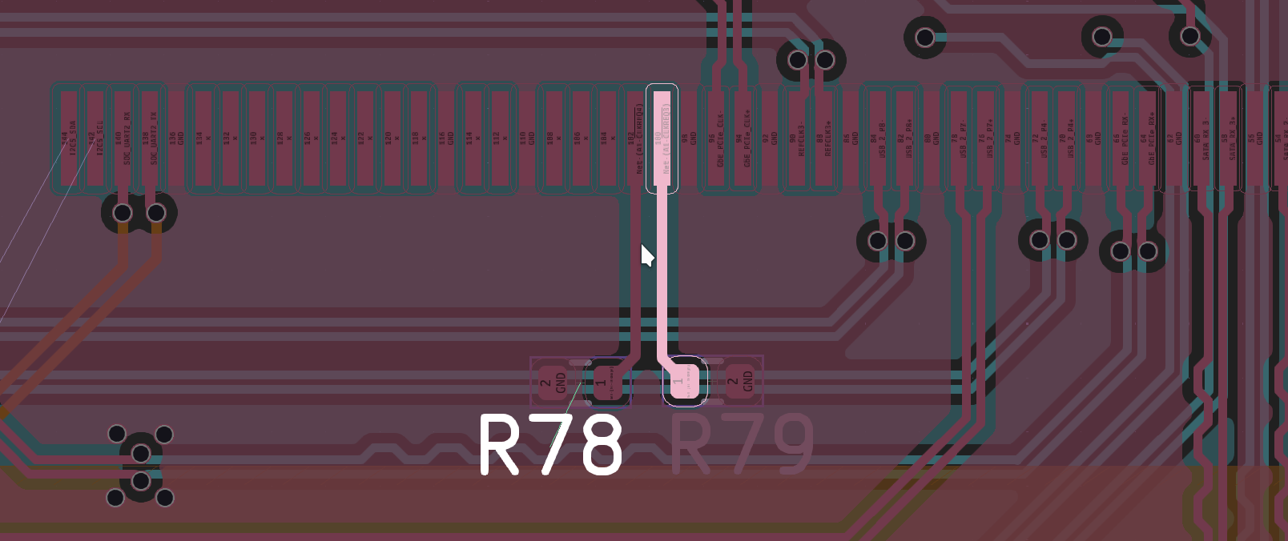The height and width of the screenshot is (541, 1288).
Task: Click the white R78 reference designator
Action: click(x=551, y=445)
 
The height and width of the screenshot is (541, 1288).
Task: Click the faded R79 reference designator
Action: click(x=741, y=445)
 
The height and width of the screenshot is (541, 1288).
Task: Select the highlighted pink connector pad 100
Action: click(x=662, y=140)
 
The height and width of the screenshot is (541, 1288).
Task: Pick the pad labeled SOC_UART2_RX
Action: click(x=123, y=140)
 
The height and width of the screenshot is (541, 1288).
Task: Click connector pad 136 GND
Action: click(x=176, y=140)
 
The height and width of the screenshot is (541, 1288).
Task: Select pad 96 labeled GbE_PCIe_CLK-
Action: click(x=715, y=140)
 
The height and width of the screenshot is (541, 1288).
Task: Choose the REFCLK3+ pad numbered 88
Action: click(x=823, y=140)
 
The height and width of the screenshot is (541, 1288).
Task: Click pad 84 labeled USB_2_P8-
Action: click(x=876, y=140)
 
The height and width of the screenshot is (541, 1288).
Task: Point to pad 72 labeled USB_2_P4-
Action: click(x=1038, y=140)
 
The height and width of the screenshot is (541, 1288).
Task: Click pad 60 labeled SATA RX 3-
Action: click(x=1200, y=140)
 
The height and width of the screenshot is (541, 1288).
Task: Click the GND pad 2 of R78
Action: click(x=552, y=383)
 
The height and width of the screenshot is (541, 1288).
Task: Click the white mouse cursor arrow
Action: click(x=646, y=255)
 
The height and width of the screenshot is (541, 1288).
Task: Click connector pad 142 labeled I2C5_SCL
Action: click(x=95, y=140)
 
